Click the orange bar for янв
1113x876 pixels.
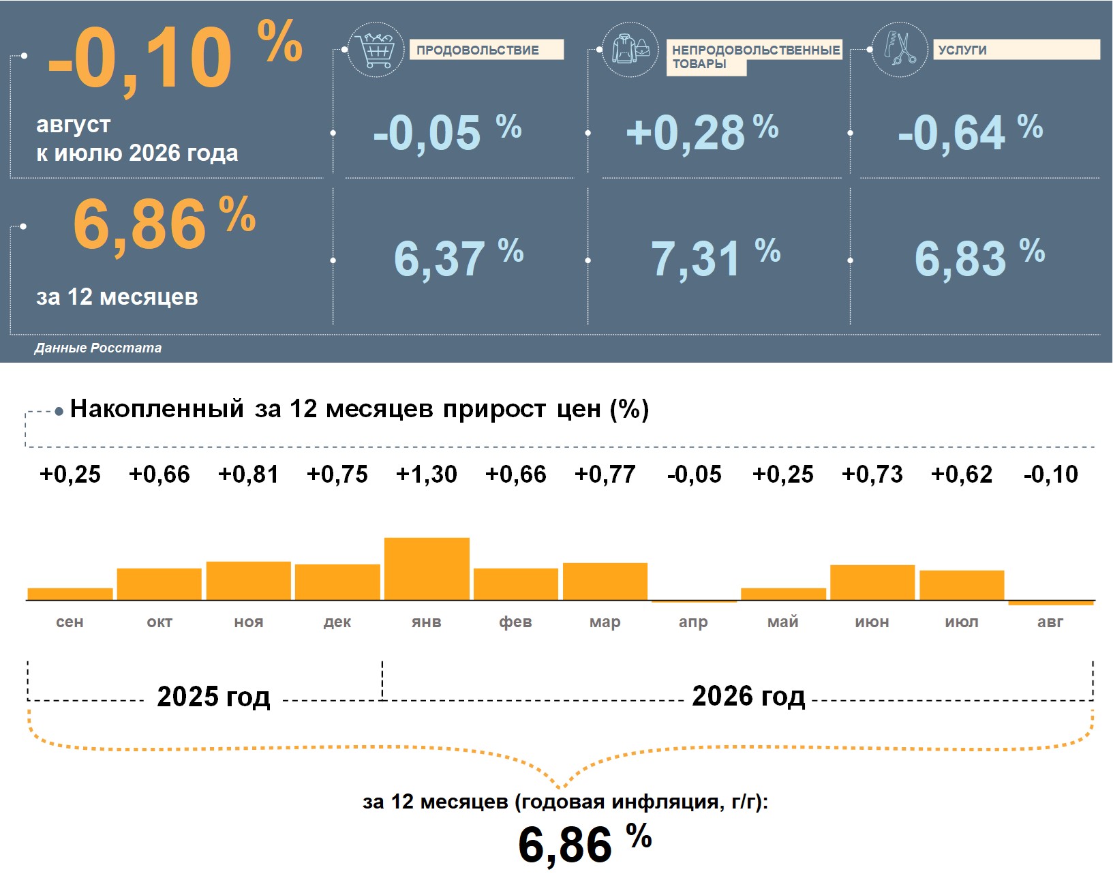pos(427,569)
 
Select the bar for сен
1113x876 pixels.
pos(70,594)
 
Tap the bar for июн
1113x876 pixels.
pos(872,583)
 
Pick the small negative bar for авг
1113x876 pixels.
pos(1051,603)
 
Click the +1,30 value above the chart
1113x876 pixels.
pos(427,474)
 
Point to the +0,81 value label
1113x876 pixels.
pos(248,474)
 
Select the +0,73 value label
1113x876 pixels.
pos(872,474)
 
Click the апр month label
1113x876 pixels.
pos(693,622)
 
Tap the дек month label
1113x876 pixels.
pos(337,622)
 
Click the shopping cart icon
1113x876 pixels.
pos(376,50)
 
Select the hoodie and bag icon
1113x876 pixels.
pos(630,50)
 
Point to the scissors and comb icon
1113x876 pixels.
pos(900,50)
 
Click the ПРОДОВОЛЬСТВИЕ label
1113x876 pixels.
pos(478,50)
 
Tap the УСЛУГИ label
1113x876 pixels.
pos(962,50)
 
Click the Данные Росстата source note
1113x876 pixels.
pos(98,348)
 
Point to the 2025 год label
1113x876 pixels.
pos(213,697)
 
